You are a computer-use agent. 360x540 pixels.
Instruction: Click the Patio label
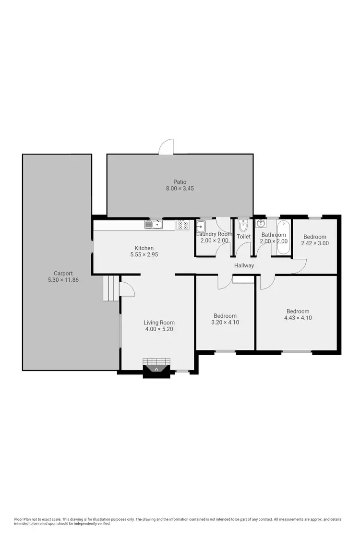tap(180, 181)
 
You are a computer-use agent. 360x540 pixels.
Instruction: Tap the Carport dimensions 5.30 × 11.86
tap(63, 279)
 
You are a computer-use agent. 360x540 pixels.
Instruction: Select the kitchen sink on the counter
tap(154, 224)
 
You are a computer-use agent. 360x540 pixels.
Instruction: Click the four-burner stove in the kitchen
tap(182, 225)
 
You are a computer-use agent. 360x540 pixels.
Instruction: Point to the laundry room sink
tap(201, 226)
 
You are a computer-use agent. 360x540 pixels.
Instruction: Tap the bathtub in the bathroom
tap(283, 237)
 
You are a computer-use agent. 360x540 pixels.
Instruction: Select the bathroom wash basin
tap(261, 224)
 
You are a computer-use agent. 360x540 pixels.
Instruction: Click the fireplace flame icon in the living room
tap(156, 369)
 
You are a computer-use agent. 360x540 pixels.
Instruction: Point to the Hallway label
tap(244, 265)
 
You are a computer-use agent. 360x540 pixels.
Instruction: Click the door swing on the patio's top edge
tap(167, 147)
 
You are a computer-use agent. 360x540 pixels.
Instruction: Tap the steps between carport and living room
tap(110, 288)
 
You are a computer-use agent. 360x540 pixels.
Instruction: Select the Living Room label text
tap(159, 323)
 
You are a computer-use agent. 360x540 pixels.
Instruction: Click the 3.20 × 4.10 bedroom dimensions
tap(225, 323)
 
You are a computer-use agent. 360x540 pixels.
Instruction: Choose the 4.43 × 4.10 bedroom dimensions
tap(298, 318)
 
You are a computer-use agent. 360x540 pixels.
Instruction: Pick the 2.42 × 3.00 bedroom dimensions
tap(314, 243)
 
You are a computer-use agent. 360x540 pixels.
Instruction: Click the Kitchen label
tap(144, 248)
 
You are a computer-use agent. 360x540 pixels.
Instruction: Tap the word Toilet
tap(243, 237)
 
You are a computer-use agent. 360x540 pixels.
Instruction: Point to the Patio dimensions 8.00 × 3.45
tap(180, 188)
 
